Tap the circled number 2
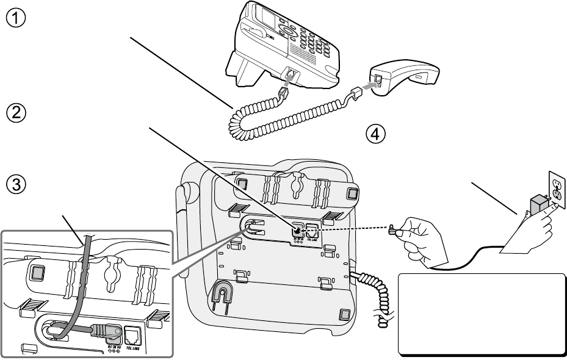click(x=16, y=113)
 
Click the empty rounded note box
click(x=483, y=314)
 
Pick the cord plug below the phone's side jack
click(x=283, y=93)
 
